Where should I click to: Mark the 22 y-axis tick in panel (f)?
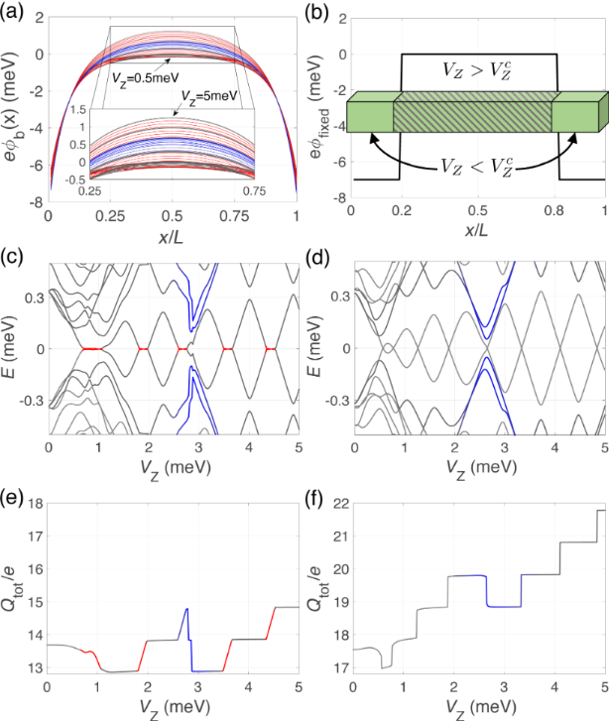[336, 505]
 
